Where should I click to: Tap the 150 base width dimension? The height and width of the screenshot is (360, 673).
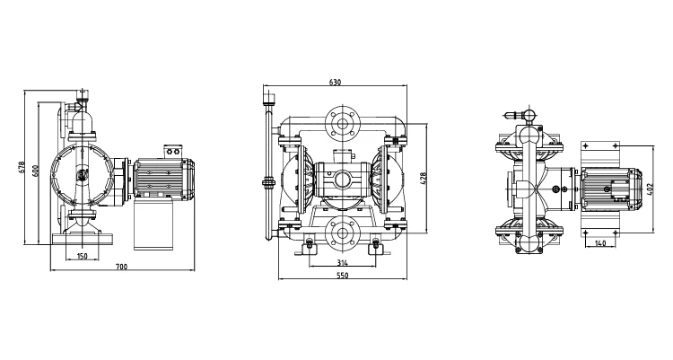click(82, 257)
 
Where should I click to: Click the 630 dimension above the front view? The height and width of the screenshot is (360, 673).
click(335, 83)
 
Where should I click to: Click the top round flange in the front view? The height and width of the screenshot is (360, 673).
click(342, 122)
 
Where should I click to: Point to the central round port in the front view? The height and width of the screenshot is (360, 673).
click(342, 177)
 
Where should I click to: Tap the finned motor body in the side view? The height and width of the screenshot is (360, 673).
click(162, 178)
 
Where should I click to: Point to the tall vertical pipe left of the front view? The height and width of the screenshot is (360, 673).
click(267, 171)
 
